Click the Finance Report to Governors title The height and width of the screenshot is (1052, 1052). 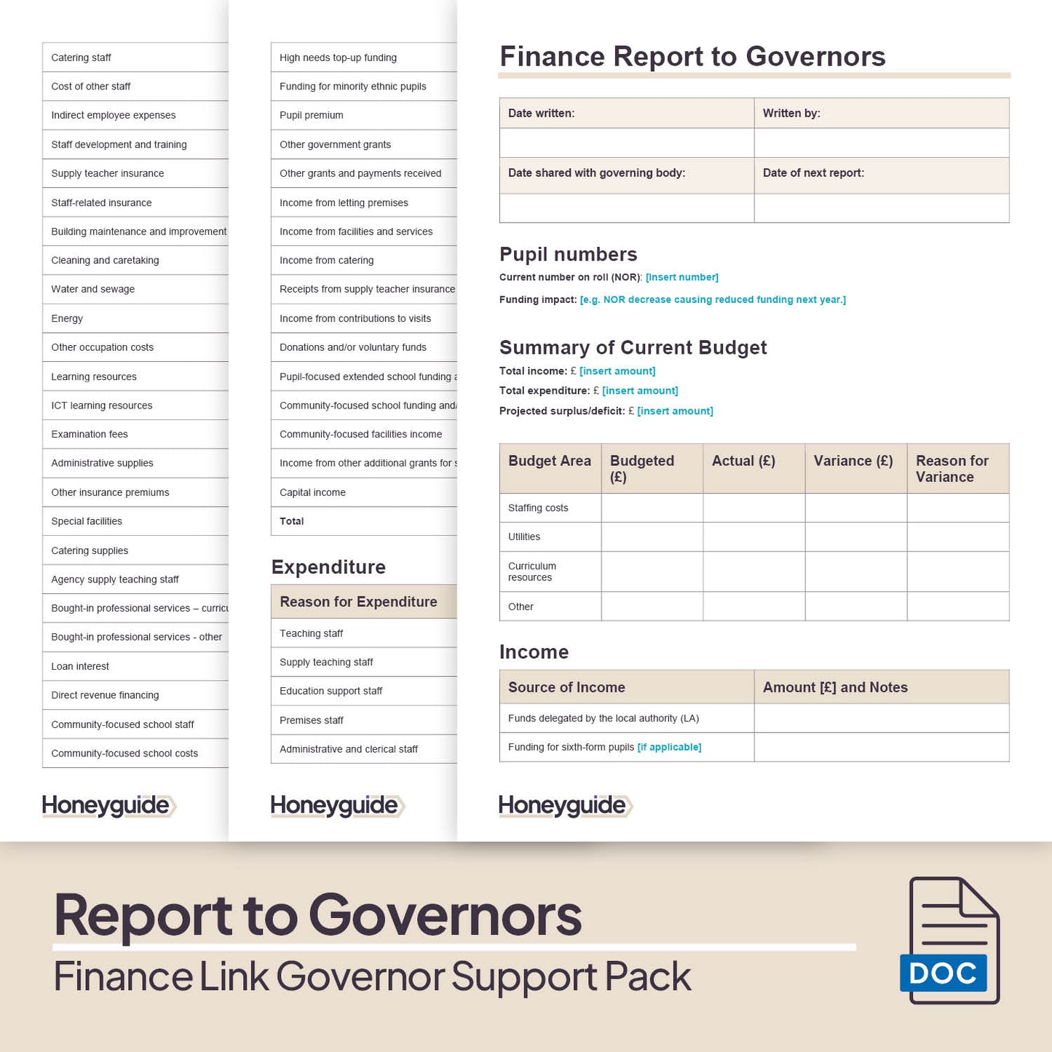(692, 57)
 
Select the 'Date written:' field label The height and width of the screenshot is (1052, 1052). (541, 114)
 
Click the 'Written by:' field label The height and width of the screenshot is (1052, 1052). (791, 114)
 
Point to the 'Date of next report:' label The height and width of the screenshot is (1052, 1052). (813, 173)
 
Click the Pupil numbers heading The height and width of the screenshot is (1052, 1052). (568, 254)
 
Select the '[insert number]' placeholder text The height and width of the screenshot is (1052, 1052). (681, 277)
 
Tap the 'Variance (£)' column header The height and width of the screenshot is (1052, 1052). (853, 461)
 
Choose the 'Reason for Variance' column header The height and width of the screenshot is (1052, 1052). (952, 469)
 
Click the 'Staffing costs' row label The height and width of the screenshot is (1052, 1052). (538, 508)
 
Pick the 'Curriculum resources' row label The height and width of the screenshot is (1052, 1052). (531, 572)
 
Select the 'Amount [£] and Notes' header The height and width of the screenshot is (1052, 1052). (835, 687)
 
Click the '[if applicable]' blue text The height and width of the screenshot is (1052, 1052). (669, 747)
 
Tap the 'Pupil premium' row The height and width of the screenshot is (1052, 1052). (311, 115)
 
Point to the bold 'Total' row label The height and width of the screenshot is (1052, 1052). (291, 521)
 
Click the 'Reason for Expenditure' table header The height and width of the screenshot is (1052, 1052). (358, 602)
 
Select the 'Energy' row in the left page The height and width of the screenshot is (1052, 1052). (67, 318)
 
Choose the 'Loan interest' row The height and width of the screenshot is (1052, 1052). (80, 666)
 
